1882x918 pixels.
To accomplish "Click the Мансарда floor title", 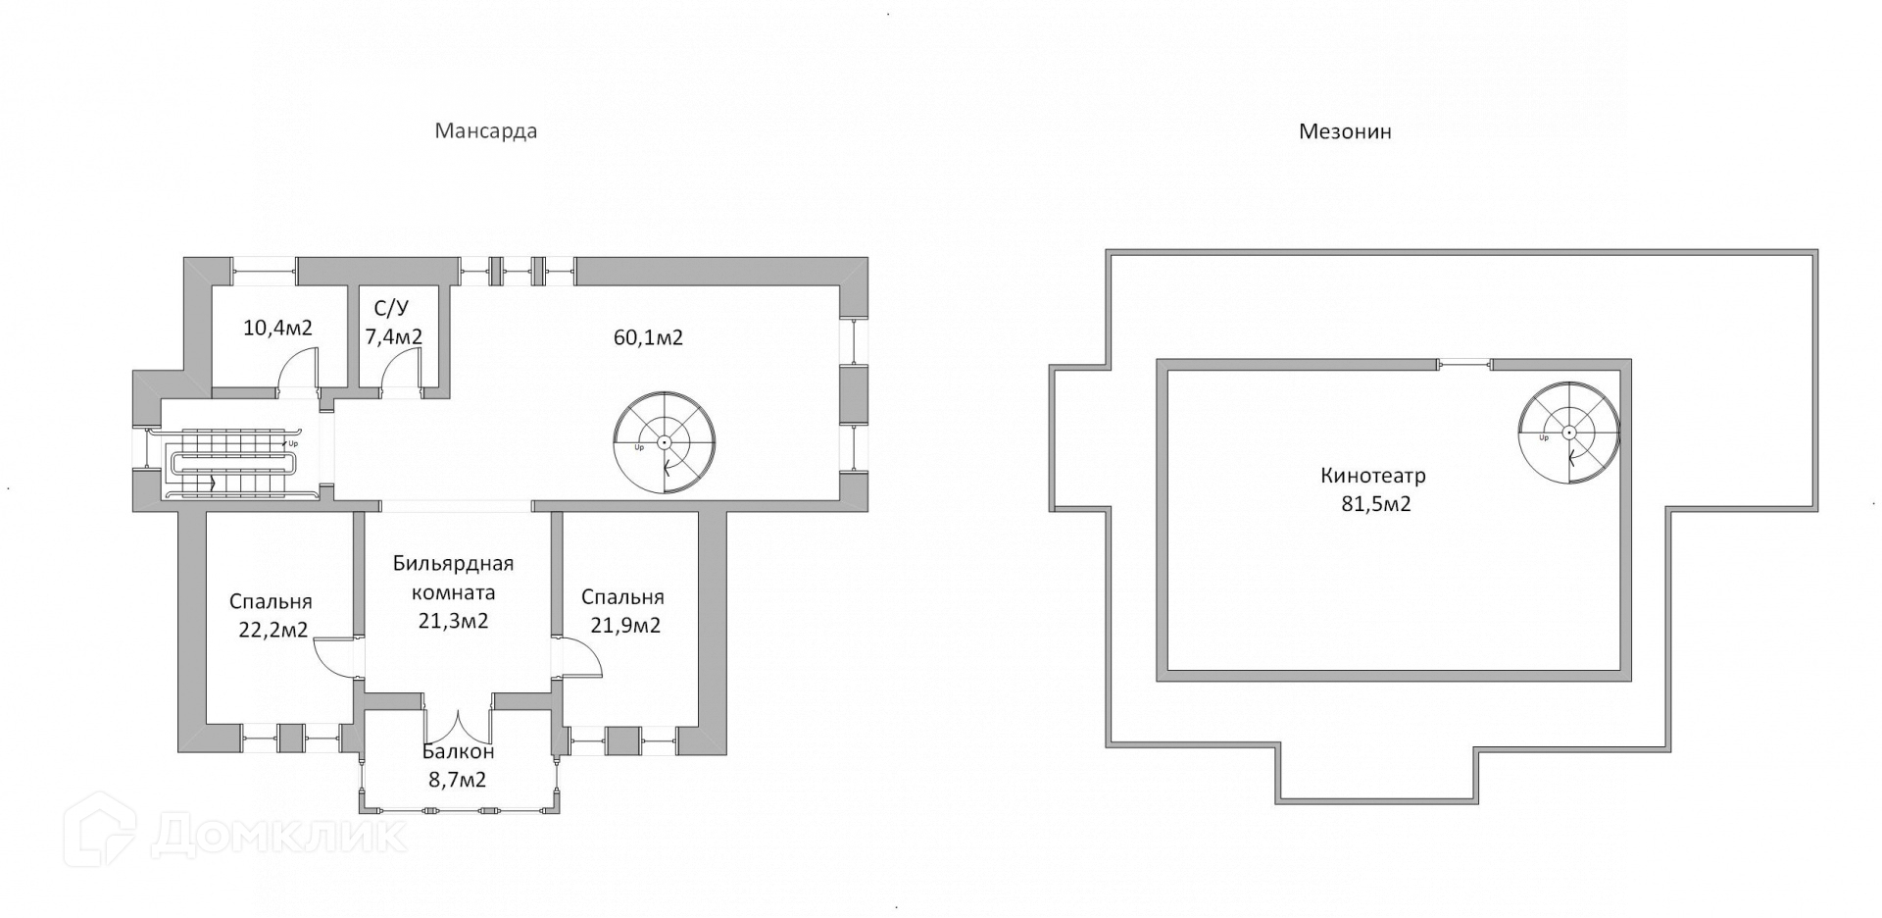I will tap(486, 131).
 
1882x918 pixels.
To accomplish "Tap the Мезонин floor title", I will tap(1345, 131).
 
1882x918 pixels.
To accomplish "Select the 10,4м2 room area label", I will tap(277, 328).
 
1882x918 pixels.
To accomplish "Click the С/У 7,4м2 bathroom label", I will tap(393, 324).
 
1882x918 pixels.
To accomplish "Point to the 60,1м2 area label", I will tap(648, 338).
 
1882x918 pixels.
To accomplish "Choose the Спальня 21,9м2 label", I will tap(621, 611).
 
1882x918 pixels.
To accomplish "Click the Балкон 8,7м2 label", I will tap(458, 766).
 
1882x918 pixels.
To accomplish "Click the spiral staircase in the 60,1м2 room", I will tap(665, 441).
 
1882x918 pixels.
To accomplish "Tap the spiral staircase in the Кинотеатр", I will tap(1568, 433).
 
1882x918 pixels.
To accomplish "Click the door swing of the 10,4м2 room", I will tap(298, 374).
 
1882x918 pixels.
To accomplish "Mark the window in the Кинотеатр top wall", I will tap(1464, 365).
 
